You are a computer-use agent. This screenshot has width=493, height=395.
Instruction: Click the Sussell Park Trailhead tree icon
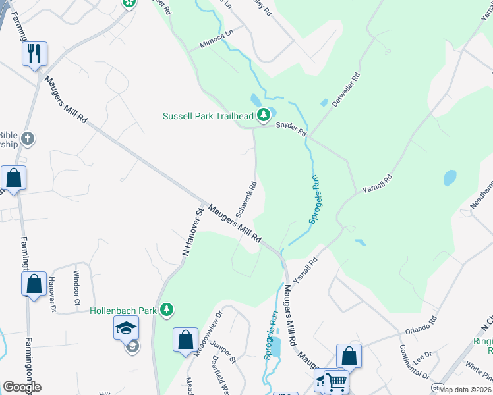[x=264, y=116]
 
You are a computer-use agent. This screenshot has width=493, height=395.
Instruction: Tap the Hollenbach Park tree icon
[x=167, y=309]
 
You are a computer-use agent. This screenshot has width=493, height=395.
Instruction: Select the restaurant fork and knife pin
[x=34, y=53]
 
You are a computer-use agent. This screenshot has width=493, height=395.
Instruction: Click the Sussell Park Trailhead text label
[x=208, y=117]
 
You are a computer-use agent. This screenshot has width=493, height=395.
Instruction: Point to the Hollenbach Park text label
[x=123, y=309]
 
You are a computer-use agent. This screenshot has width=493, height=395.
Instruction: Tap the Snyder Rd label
[x=291, y=128]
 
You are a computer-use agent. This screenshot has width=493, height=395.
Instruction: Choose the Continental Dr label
[x=415, y=362]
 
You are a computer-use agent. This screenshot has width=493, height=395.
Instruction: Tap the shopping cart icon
[x=336, y=381]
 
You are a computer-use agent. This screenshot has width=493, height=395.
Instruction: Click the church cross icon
[x=26, y=138]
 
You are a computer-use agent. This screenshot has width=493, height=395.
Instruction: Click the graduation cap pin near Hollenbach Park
[x=126, y=328]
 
